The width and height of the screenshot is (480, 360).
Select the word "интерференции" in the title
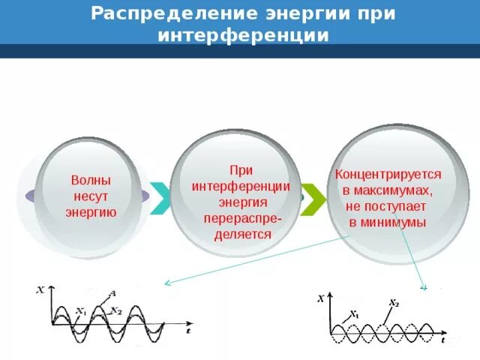coord(243,35)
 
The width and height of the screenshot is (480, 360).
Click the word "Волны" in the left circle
coord(91,181)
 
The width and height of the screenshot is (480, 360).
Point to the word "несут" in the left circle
coord(91,196)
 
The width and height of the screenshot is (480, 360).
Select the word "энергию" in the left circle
coord(91,212)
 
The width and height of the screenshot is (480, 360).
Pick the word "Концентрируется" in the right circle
coord(388,174)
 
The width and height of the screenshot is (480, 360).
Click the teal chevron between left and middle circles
coord(160,198)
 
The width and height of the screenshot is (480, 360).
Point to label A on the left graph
coord(112,292)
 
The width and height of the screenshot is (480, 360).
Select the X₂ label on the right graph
coord(393,303)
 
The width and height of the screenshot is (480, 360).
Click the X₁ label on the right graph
coord(354,315)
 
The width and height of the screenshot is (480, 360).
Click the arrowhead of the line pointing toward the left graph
coord(166,283)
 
